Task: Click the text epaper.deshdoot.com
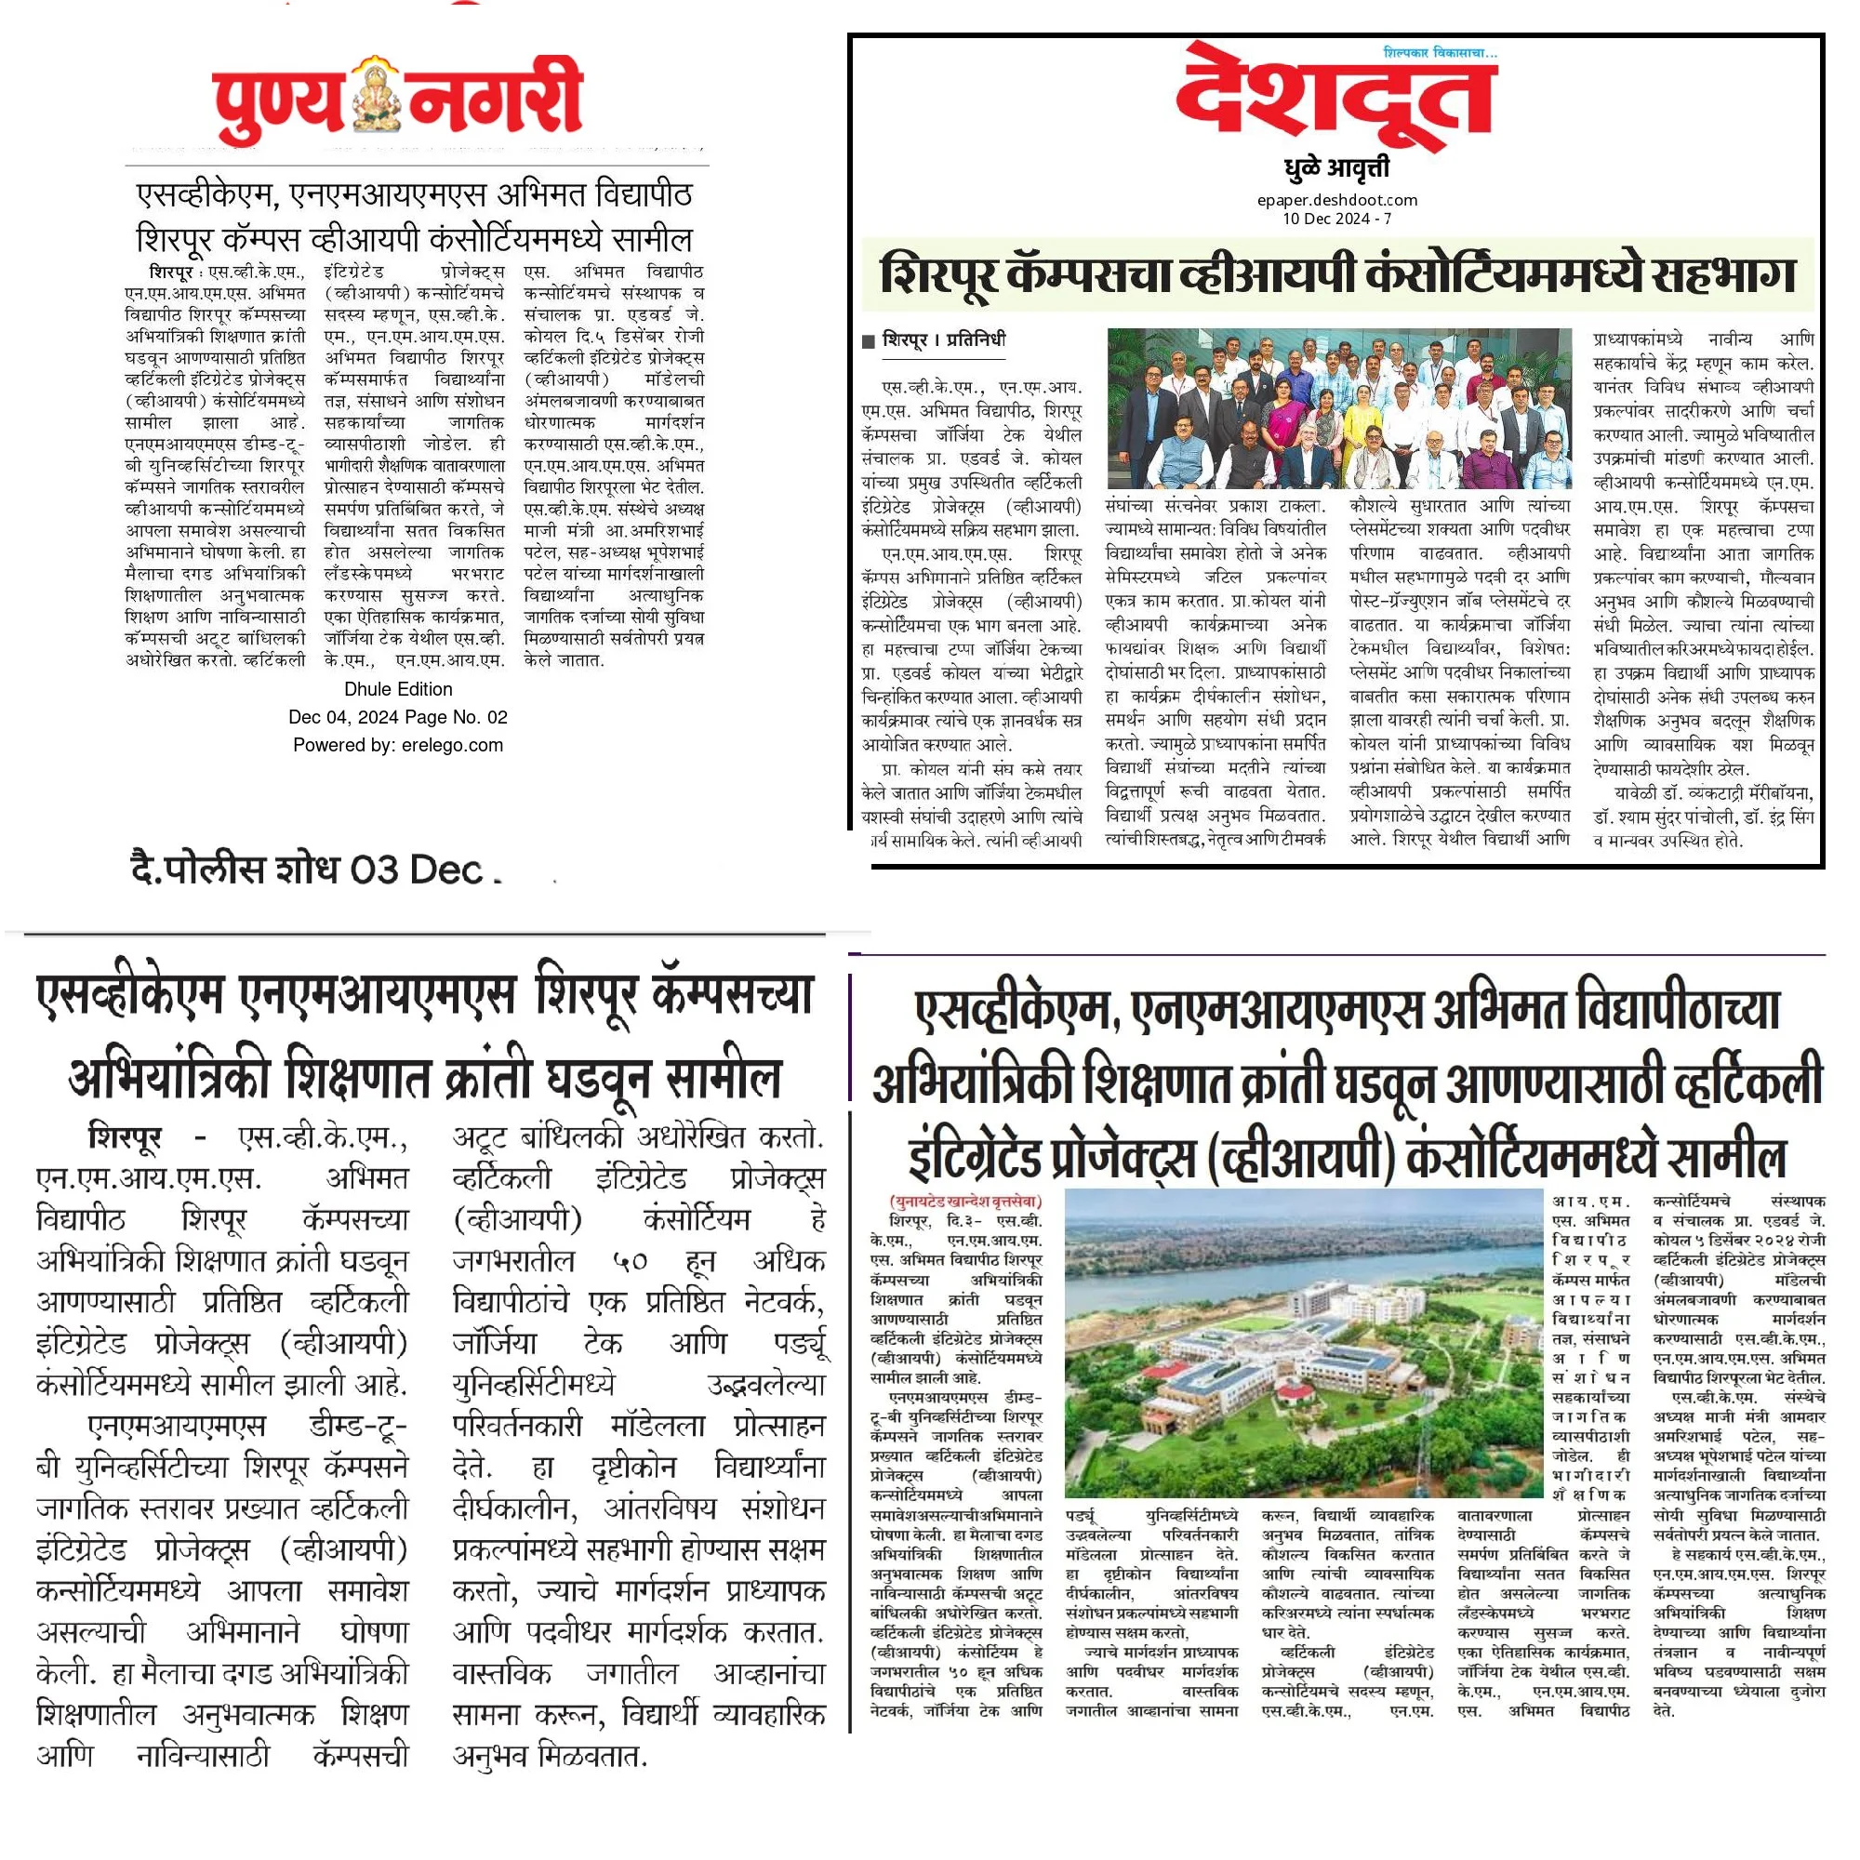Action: (x=1336, y=200)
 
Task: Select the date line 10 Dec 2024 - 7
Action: (x=1336, y=219)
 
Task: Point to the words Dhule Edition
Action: (x=398, y=689)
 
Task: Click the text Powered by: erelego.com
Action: (x=398, y=745)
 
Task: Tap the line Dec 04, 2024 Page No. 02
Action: (x=398, y=717)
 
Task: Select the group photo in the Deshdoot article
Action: (x=1339, y=408)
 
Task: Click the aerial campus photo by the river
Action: (x=1304, y=1348)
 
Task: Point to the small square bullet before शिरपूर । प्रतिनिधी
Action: (x=869, y=340)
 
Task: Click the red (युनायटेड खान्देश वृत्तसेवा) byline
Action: (x=964, y=1202)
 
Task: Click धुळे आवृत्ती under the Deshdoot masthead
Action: (x=1336, y=169)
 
